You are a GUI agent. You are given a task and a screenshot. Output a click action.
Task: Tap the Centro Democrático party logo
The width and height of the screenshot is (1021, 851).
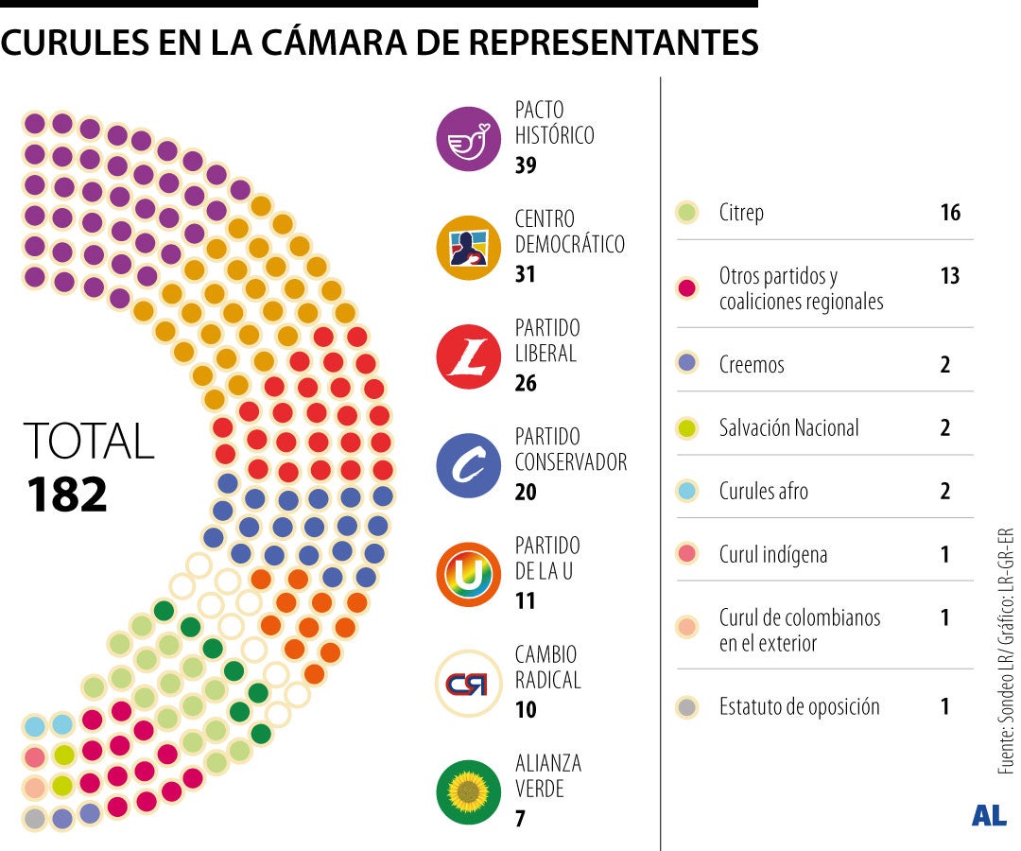[468, 248]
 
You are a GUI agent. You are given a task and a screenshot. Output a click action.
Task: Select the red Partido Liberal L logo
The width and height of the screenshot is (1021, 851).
[468, 356]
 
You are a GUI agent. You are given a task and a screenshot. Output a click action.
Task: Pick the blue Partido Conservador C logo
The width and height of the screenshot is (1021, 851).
[468, 465]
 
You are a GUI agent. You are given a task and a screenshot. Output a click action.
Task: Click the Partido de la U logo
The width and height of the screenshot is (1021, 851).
[468, 574]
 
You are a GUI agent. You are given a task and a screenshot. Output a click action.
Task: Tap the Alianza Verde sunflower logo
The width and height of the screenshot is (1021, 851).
[468, 791]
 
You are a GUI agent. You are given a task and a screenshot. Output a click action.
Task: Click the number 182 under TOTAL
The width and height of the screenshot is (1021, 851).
[67, 494]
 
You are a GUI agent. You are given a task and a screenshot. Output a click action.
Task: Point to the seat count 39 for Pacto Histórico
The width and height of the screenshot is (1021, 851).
[526, 165]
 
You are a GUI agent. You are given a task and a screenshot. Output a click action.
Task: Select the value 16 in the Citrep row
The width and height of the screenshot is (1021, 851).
[949, 213]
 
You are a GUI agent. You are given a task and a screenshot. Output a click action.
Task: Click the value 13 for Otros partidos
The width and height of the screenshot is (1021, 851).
[949, 276]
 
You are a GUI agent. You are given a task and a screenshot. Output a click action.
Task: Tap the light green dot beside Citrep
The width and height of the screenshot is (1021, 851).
[687, 213]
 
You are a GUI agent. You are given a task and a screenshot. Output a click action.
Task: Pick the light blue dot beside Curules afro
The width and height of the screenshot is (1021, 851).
[687, 491]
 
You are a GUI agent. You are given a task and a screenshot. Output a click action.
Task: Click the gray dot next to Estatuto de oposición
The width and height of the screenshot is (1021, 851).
[687, 706]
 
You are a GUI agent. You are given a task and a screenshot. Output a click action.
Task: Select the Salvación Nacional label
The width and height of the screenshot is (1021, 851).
[788, 427]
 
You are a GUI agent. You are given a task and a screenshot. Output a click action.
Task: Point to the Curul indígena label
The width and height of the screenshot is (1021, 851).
[772, 554]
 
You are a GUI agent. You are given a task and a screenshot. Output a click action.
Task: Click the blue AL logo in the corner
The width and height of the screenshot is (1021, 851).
[989, 816]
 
